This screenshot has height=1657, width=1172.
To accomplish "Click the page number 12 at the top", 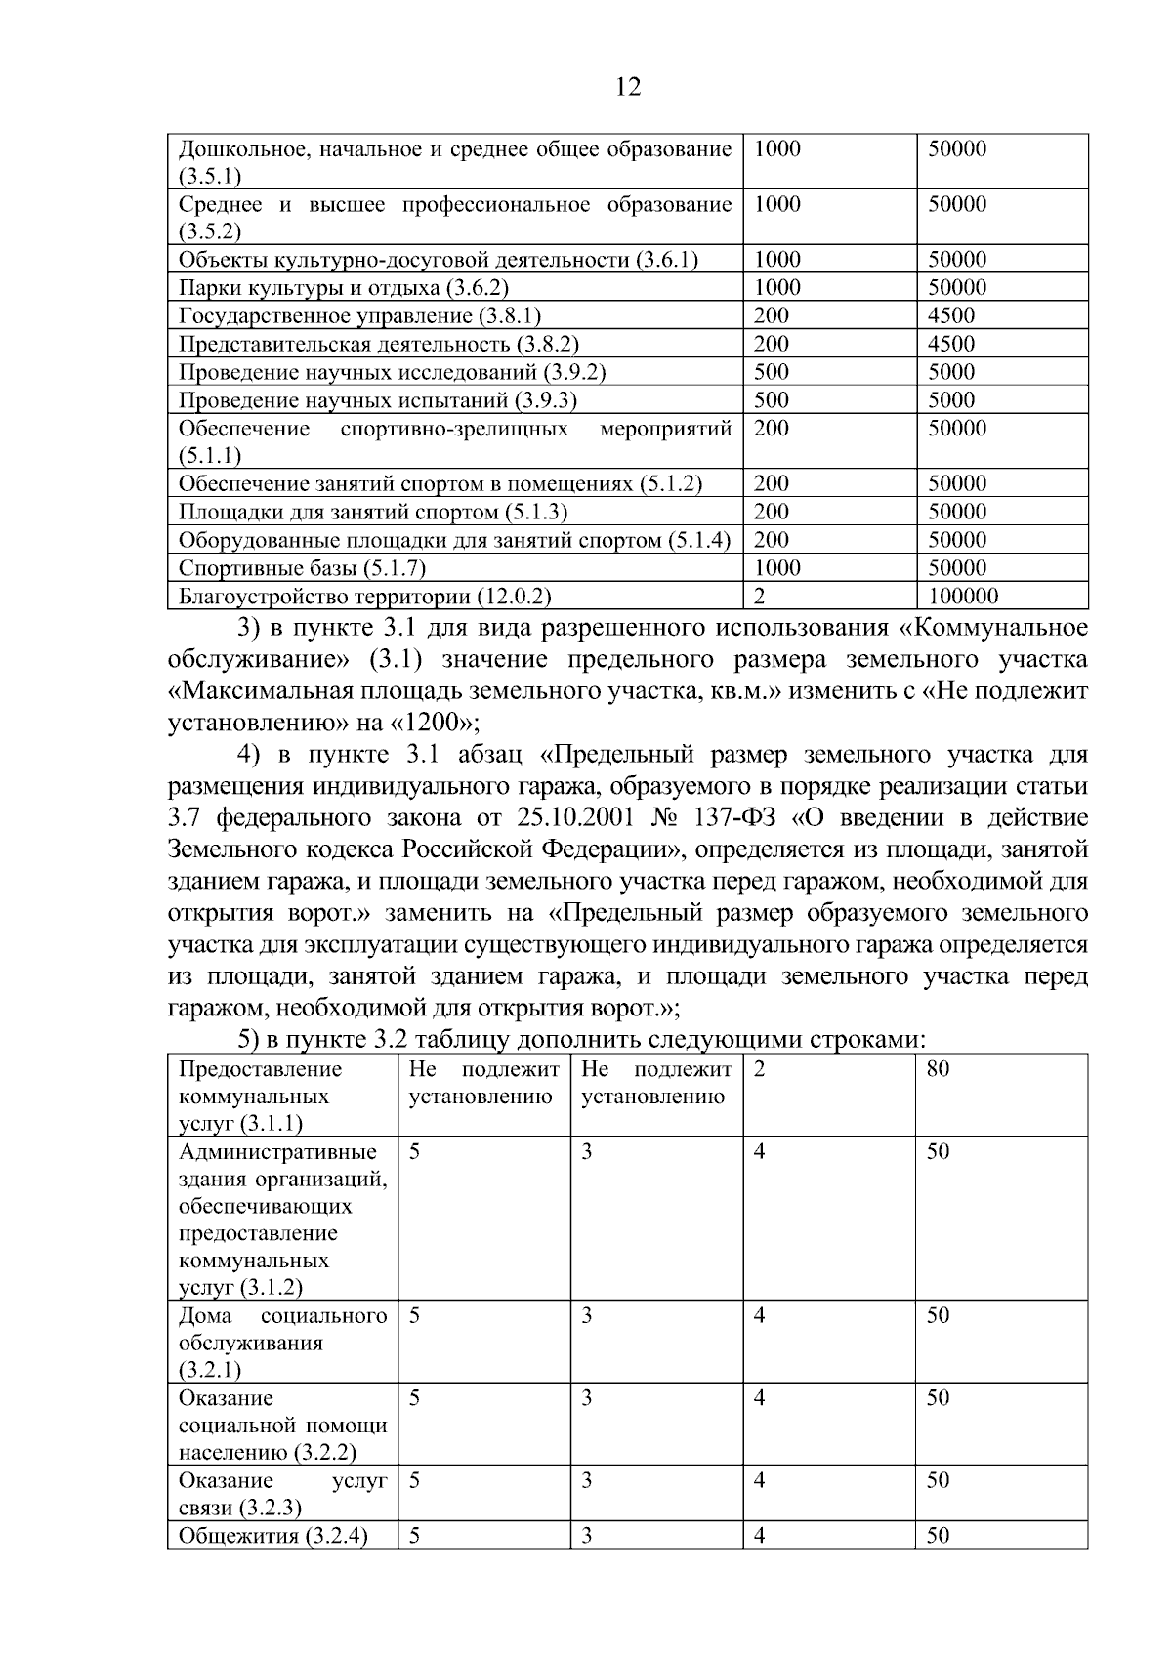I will [x=629, y=88].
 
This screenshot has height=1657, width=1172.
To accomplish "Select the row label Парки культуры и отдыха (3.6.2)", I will [x=344, y=287].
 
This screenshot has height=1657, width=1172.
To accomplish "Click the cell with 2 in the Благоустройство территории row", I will [x=759, y=596].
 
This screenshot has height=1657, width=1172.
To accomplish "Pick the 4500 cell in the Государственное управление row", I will [x=951, y=315].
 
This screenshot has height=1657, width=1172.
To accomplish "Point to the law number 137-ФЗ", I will [x=733, y=817].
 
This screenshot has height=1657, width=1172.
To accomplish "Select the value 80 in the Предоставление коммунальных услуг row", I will [x=938, y=1069].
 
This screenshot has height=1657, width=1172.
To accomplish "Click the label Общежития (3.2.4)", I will [x=273, y=1536].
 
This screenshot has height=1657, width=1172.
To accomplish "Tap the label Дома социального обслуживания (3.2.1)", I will [x=282, y=1343].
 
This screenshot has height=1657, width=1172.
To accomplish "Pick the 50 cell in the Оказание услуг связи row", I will [x=938, y=1480].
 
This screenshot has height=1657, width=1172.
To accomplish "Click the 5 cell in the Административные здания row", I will [x=415, y=1151].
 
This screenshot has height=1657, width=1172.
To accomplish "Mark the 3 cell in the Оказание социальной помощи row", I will [x=587, y=1398].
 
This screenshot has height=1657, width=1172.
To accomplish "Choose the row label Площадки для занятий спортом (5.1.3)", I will [x=373, y=512].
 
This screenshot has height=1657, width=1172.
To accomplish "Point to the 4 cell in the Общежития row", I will [x=759, y=1536].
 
